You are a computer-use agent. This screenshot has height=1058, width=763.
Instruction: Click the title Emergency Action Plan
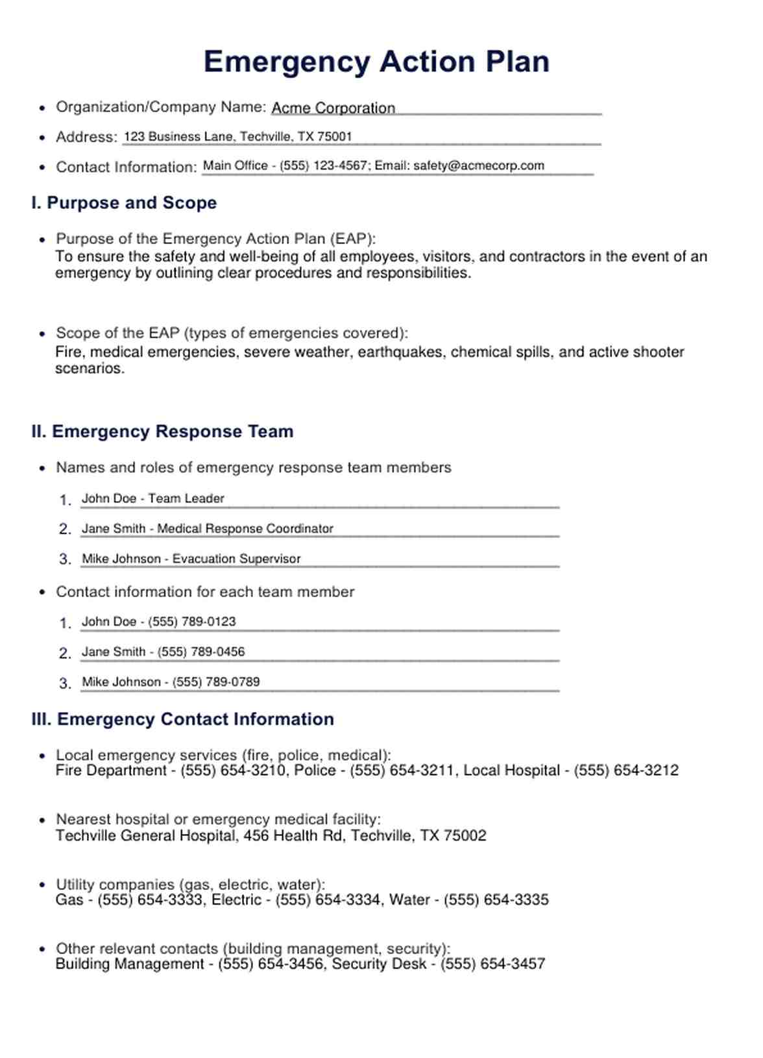click(376, 62)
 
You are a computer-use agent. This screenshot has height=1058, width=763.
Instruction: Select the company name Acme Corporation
click(333, 108)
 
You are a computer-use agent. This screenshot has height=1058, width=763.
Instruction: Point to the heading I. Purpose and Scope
click(124, 203)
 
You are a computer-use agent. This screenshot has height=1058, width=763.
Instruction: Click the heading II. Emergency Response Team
click(162, 432)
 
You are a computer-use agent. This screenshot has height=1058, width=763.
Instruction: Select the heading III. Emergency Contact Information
click(182, 719)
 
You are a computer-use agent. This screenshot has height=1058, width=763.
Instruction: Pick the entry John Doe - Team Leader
click(153, 498)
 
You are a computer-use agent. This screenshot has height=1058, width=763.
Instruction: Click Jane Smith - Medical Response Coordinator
click(208, 529)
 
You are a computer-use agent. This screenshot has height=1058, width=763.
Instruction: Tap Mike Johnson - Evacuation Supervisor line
click(191, 559)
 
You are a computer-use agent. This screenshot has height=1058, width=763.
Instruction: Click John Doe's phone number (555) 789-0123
click(192, 622)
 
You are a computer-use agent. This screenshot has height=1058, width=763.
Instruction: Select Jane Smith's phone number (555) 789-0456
click(201, 652)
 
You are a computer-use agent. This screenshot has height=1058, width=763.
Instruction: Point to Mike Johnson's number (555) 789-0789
click(215, 682)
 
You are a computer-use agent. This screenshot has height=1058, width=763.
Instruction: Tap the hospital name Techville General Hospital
click(146, 836)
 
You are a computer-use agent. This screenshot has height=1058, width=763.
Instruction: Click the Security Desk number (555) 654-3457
click(492, 965)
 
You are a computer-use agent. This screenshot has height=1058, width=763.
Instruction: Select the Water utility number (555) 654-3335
click(496, 900)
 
